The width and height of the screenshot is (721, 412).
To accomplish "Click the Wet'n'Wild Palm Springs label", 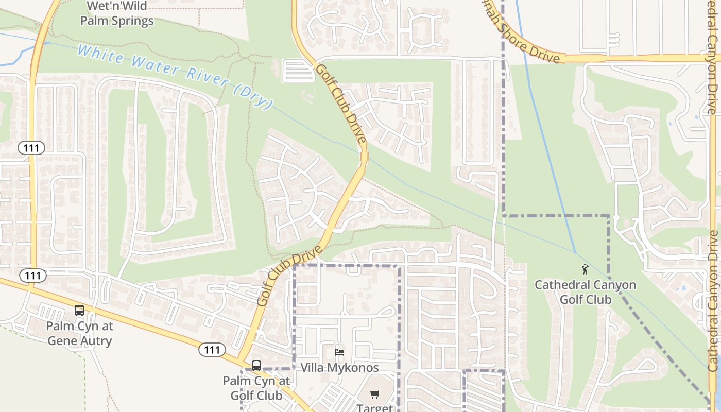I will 117,14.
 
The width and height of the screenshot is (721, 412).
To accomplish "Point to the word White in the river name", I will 100,55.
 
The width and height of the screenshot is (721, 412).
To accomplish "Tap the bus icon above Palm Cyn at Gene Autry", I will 79,311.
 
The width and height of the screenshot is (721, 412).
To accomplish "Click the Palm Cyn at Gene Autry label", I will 79,333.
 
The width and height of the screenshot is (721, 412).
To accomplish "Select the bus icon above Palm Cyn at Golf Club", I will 256,366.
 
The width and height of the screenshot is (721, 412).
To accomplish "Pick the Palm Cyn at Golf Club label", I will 256,388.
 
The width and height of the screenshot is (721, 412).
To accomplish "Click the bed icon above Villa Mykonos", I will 339,352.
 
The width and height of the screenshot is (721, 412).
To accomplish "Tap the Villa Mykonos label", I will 339,368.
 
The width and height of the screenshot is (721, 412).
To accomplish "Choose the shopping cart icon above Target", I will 375,394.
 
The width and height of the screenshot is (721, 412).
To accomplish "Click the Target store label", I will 375,407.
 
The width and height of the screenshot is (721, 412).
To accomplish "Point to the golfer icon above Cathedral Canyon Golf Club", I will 585,269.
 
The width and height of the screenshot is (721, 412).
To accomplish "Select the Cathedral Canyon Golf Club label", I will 585,292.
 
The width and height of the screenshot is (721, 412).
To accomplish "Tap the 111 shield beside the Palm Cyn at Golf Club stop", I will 212,350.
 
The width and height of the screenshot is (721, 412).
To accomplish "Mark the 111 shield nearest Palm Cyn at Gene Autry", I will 33,276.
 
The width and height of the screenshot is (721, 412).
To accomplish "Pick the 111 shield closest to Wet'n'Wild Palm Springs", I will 31,148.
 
